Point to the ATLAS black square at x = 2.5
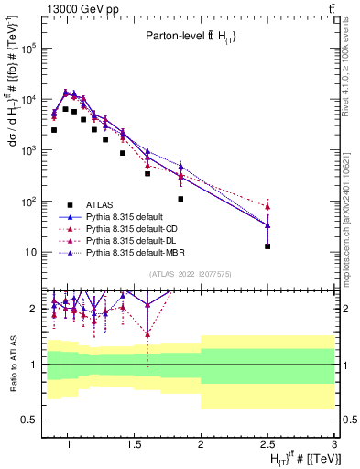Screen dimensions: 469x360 (267, 246)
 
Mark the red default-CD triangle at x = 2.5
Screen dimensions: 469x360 (267, 206)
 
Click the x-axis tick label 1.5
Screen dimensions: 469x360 (134, 447)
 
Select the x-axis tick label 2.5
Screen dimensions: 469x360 (267, 447)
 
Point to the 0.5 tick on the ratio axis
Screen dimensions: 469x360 (33, 420)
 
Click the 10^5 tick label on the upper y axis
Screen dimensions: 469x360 (28, 49)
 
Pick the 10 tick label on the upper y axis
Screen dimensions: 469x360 (32, 252)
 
